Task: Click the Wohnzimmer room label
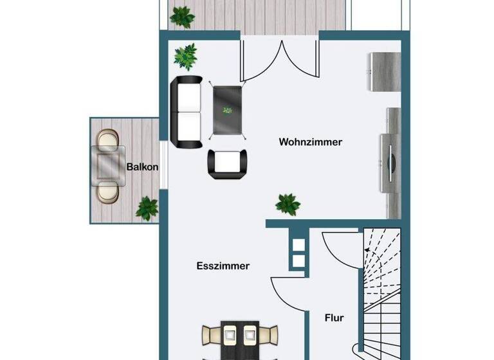click(310, 142)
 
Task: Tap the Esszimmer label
click(223, 265)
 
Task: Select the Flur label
click(334, 318)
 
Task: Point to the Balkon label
click(142, 167)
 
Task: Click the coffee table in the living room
click(228, 111)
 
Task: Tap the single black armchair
click(228, 164)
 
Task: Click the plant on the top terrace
click(182, 16)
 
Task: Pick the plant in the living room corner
click(186, 57)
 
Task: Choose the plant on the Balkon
click(147, 208)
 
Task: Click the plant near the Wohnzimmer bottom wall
click(288, 204)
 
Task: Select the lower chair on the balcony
click(107, 192)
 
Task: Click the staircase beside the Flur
click(381, 289)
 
